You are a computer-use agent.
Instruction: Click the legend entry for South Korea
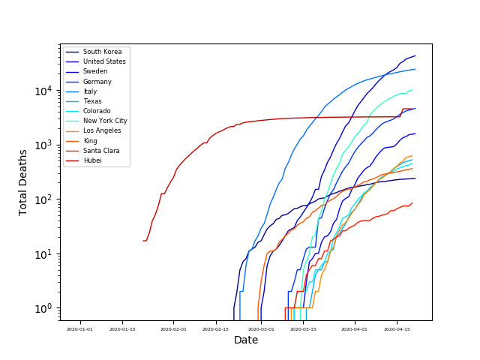[x=97, y=52]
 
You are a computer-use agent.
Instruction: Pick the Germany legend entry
[x=97, y=82]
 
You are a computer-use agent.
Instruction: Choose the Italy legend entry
[x=90, y=91]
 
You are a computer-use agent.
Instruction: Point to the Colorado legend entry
[x=96, y=111]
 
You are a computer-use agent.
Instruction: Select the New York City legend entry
[x=105, y=121]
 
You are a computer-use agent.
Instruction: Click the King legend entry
[x=90, y=140]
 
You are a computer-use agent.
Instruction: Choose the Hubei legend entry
[x=92, y=160]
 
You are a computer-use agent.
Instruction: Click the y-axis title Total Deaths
[x=23, y=182]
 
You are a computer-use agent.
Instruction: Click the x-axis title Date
[x=246, y=340]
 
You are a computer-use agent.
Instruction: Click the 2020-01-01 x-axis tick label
[x=79, y=328]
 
